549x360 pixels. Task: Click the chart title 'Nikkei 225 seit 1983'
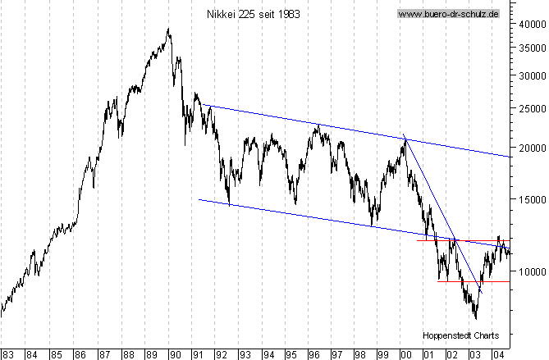245,14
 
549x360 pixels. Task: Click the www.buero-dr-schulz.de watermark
449,14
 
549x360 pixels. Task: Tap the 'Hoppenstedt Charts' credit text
462,335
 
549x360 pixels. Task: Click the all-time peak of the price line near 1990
168,30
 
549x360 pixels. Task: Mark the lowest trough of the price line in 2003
475,318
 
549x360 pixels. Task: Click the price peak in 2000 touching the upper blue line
405,139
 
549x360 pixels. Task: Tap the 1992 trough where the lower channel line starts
229,203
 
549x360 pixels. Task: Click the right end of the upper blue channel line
510,156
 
